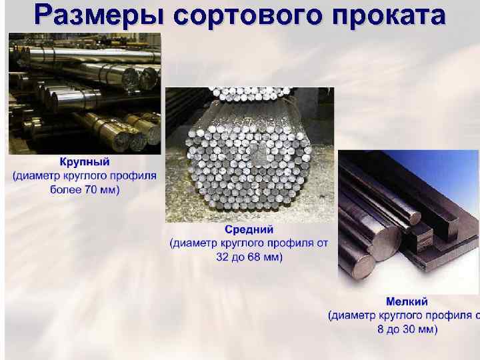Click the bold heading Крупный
[x=85, y=162]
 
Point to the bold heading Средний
[x=249, y=230]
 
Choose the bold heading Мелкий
[x=407, y=301]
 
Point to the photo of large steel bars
[x=85, y=93]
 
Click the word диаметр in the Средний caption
[x=197, y=243]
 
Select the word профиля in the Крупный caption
[x=137, y=176]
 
